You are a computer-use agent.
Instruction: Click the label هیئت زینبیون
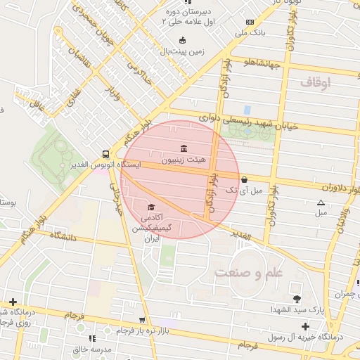(184, 160)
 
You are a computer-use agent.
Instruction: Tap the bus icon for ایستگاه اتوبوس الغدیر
(105, 154)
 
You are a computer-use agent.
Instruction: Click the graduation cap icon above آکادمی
(151, 207)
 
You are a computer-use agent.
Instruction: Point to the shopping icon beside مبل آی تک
(244, 179)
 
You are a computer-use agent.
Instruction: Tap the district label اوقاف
(315, 83)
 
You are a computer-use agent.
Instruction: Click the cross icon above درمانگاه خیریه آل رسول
(304, 326)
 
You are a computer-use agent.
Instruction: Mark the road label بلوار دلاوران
(326, 188)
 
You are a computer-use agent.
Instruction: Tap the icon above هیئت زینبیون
(184, 148)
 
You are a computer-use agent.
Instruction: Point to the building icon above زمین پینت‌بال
(184, 40)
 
